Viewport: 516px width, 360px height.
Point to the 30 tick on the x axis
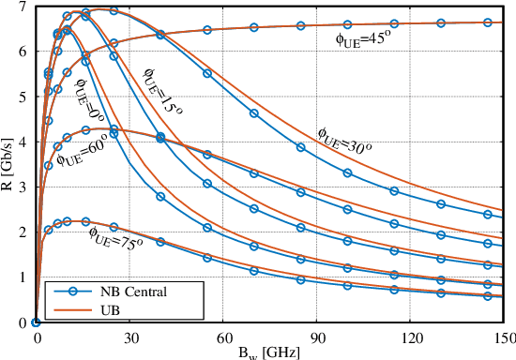tap(130, 335)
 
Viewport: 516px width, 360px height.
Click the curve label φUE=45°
tap(363, 39)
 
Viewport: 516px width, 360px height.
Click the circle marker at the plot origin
tap(37, 322)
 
